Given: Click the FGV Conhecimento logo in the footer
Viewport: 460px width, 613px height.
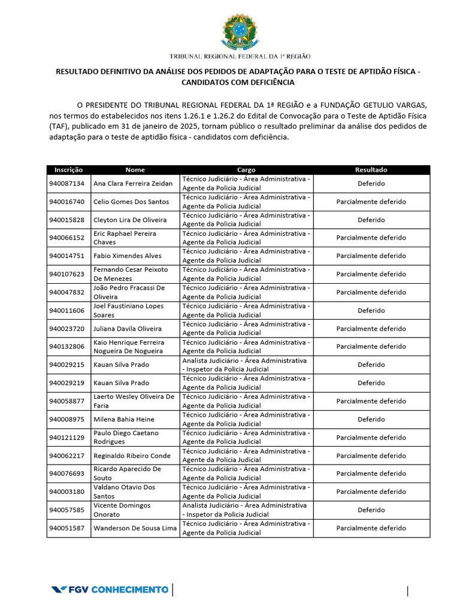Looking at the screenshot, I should click(x=110, y=590).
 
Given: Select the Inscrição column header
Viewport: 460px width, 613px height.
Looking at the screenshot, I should click(x=68, y=170).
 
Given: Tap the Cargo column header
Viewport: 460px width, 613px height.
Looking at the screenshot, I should click(x=246, y=170).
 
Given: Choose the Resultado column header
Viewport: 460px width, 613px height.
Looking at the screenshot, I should click(x=371, y=170).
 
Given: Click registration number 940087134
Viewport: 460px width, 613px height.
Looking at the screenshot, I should click(x=67, y=183).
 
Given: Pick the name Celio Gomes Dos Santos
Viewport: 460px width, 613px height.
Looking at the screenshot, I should click(x=131, y=202).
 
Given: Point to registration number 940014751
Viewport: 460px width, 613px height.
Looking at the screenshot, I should click(x=67, y=256).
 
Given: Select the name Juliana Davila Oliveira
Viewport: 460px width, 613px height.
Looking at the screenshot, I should click(x=128, y=329).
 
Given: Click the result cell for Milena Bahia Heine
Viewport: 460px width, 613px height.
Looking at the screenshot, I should click(x=371, y=420).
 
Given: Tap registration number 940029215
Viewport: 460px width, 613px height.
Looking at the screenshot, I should click(x=67, y=365).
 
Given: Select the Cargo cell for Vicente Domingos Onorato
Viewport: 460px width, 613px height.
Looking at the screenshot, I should click(x=246, y=510).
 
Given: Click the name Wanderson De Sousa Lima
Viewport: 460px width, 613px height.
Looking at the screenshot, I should click(x=135, y=529).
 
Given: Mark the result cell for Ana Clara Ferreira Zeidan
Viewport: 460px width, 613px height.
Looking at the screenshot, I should click(x=371, y=184).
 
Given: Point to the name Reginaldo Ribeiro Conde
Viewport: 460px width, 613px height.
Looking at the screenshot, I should click(x=132, y=456).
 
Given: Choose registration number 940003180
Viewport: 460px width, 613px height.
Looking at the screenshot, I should click(x=67, y=492).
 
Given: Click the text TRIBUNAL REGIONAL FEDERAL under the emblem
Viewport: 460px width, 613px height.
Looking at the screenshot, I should click(x=222, y=56).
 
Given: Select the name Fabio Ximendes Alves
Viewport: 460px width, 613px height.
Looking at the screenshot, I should click(x=128, y=256).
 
